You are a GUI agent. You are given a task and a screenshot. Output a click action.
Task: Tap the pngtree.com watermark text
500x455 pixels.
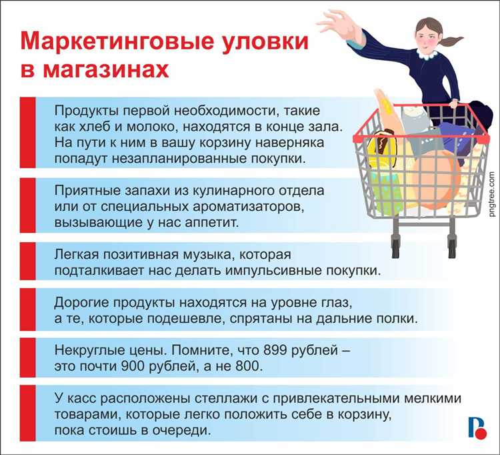pyautogui.click(x=491, y=193)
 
